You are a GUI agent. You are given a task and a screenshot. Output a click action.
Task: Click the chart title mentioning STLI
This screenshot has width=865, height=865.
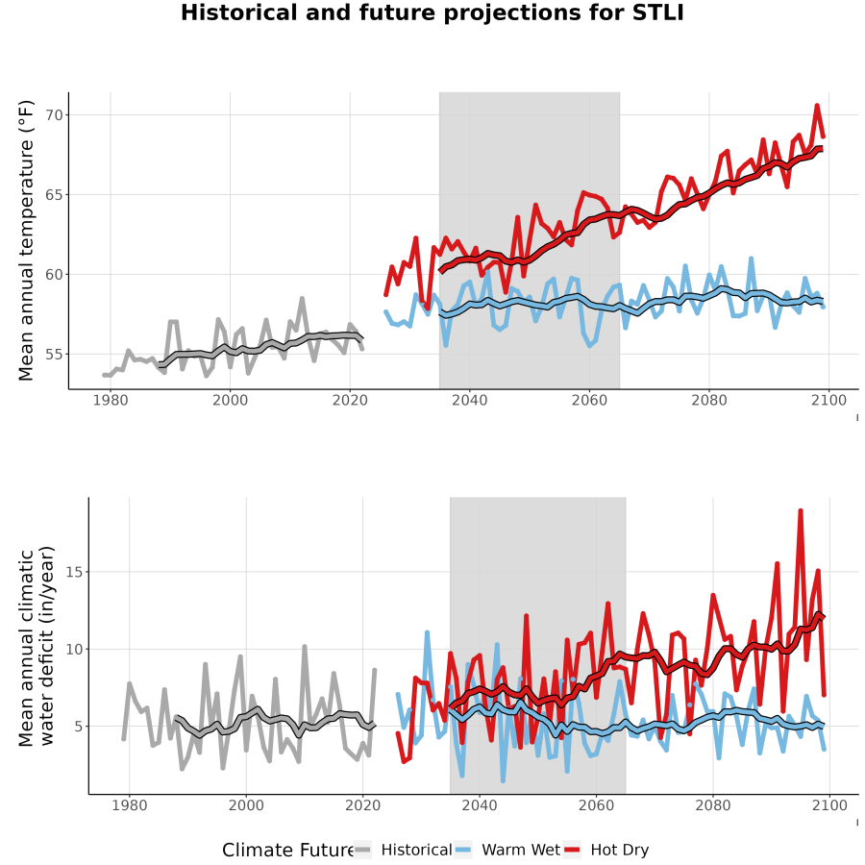coord(432,12)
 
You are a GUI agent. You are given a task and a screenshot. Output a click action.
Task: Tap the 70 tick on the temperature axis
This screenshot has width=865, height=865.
coord(54,115)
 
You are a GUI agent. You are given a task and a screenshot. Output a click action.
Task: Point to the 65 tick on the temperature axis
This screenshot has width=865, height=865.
coord(54,195)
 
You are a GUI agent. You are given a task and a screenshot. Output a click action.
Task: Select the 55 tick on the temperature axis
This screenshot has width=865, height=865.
coord(54,354)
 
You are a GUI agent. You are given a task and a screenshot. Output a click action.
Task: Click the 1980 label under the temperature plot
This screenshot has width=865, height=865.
coord(111,400)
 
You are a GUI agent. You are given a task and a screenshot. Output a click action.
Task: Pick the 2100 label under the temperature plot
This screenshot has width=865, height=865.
coord(828,400)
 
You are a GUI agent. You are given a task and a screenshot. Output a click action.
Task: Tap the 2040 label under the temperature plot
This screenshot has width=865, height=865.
coord(469,400)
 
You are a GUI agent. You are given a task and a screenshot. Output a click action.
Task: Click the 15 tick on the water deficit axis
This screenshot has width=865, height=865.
coord(74,572)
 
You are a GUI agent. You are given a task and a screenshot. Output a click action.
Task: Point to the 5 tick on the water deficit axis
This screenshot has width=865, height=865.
coord(79,727)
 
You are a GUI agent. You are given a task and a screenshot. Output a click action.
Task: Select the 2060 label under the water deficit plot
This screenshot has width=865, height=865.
coord(596,805)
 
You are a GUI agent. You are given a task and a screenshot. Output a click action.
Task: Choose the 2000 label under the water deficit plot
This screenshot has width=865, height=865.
coord(246,805)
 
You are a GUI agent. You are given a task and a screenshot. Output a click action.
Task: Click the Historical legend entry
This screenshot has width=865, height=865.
coord(403,851)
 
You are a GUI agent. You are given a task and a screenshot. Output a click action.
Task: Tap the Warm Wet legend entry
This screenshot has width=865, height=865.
coord(507,851)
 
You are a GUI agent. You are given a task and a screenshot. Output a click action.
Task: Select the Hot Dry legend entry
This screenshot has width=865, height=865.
coord(606,851)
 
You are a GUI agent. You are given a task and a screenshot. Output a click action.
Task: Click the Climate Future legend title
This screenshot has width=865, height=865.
coord(287,851)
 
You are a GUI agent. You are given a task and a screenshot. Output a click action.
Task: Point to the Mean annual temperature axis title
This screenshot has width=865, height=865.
coord(26,240)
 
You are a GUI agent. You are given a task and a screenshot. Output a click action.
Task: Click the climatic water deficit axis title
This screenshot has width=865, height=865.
coord(36,646)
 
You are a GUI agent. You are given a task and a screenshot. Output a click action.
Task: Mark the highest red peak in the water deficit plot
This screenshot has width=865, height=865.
coord(801,511)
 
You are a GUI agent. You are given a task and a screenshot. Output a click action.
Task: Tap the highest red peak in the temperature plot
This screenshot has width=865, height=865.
coord(817,106)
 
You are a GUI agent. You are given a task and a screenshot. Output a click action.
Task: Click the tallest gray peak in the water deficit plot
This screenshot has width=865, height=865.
coord(305,646)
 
